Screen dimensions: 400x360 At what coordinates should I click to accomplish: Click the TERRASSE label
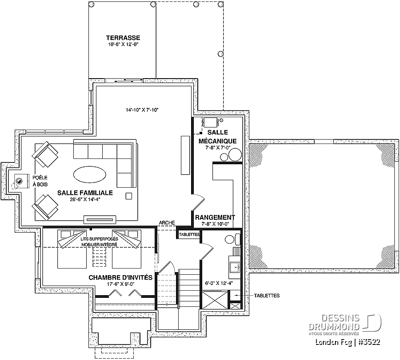point(123,38)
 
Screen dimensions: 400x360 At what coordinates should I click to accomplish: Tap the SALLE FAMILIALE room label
point(85,193)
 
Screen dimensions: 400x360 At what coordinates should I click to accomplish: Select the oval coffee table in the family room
point(89,174)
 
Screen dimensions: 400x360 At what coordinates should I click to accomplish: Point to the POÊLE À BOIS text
point(40,181)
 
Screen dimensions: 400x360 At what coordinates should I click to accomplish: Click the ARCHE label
point(167,223)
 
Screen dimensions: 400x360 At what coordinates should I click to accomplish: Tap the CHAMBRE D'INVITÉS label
point(120,277)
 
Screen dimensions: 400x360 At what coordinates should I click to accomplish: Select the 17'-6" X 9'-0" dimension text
point(120,284)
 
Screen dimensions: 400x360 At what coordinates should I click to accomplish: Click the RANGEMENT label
point(215,218)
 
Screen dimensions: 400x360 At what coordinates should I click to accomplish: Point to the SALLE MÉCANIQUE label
point(218,137)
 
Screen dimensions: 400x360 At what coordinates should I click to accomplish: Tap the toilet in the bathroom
point(232,239)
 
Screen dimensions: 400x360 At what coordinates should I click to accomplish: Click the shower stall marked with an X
point(215,300)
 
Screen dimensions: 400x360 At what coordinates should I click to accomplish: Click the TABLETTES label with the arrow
point(267,296)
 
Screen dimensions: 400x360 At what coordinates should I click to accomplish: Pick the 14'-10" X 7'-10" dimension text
point(142,110)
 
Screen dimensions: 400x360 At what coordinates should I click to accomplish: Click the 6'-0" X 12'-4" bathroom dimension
point(219,283)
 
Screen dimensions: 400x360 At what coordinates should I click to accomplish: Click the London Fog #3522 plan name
point(348,342)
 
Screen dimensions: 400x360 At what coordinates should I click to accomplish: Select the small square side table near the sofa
point(129,196)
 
